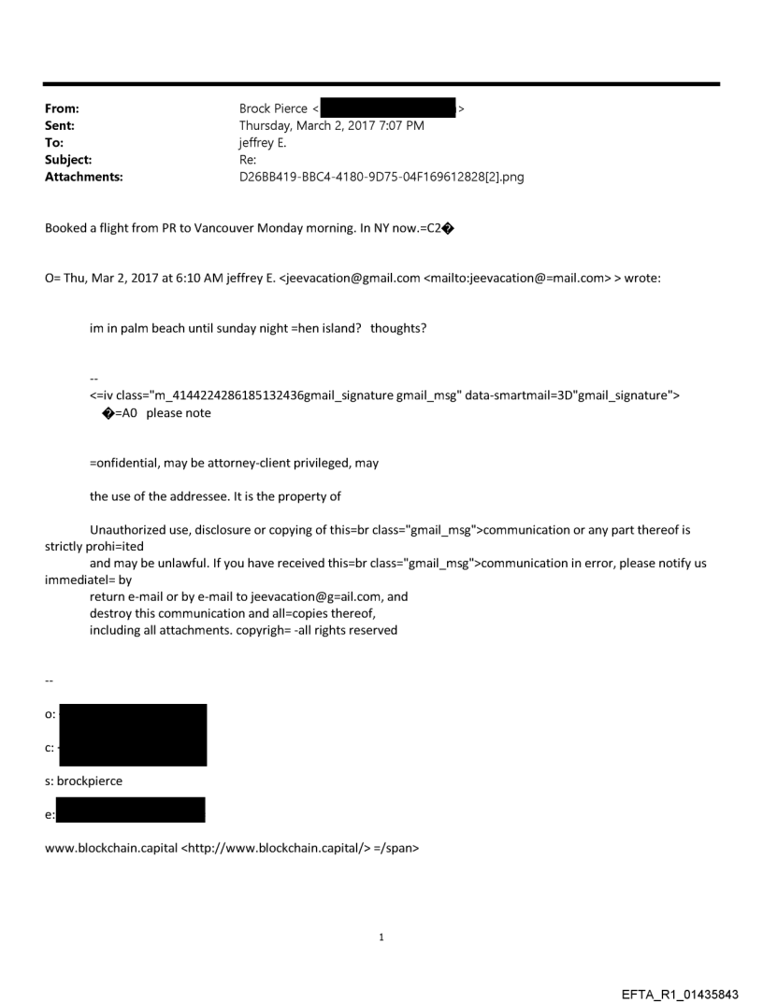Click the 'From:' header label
point(61,108)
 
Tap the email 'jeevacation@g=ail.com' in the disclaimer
point(331,596)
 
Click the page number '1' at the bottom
point(381,937)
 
